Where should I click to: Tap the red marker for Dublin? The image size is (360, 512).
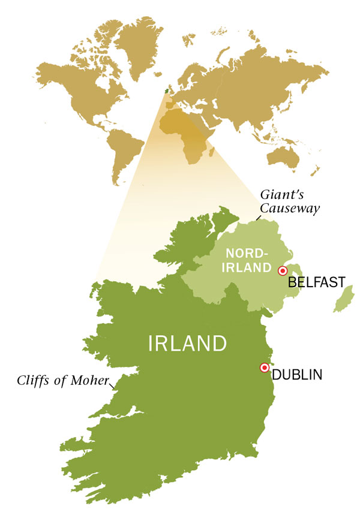pos(263,368)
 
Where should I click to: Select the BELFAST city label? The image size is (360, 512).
pos(316,282)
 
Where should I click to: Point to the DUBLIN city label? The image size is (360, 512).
pos(297,375)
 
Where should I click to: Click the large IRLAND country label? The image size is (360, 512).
pos(187,344)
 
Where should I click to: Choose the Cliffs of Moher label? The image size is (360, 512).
pos(64,380)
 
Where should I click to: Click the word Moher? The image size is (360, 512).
pos(95,380)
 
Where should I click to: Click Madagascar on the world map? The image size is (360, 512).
pos(212,155)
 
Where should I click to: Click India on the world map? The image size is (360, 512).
pos(241,120)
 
